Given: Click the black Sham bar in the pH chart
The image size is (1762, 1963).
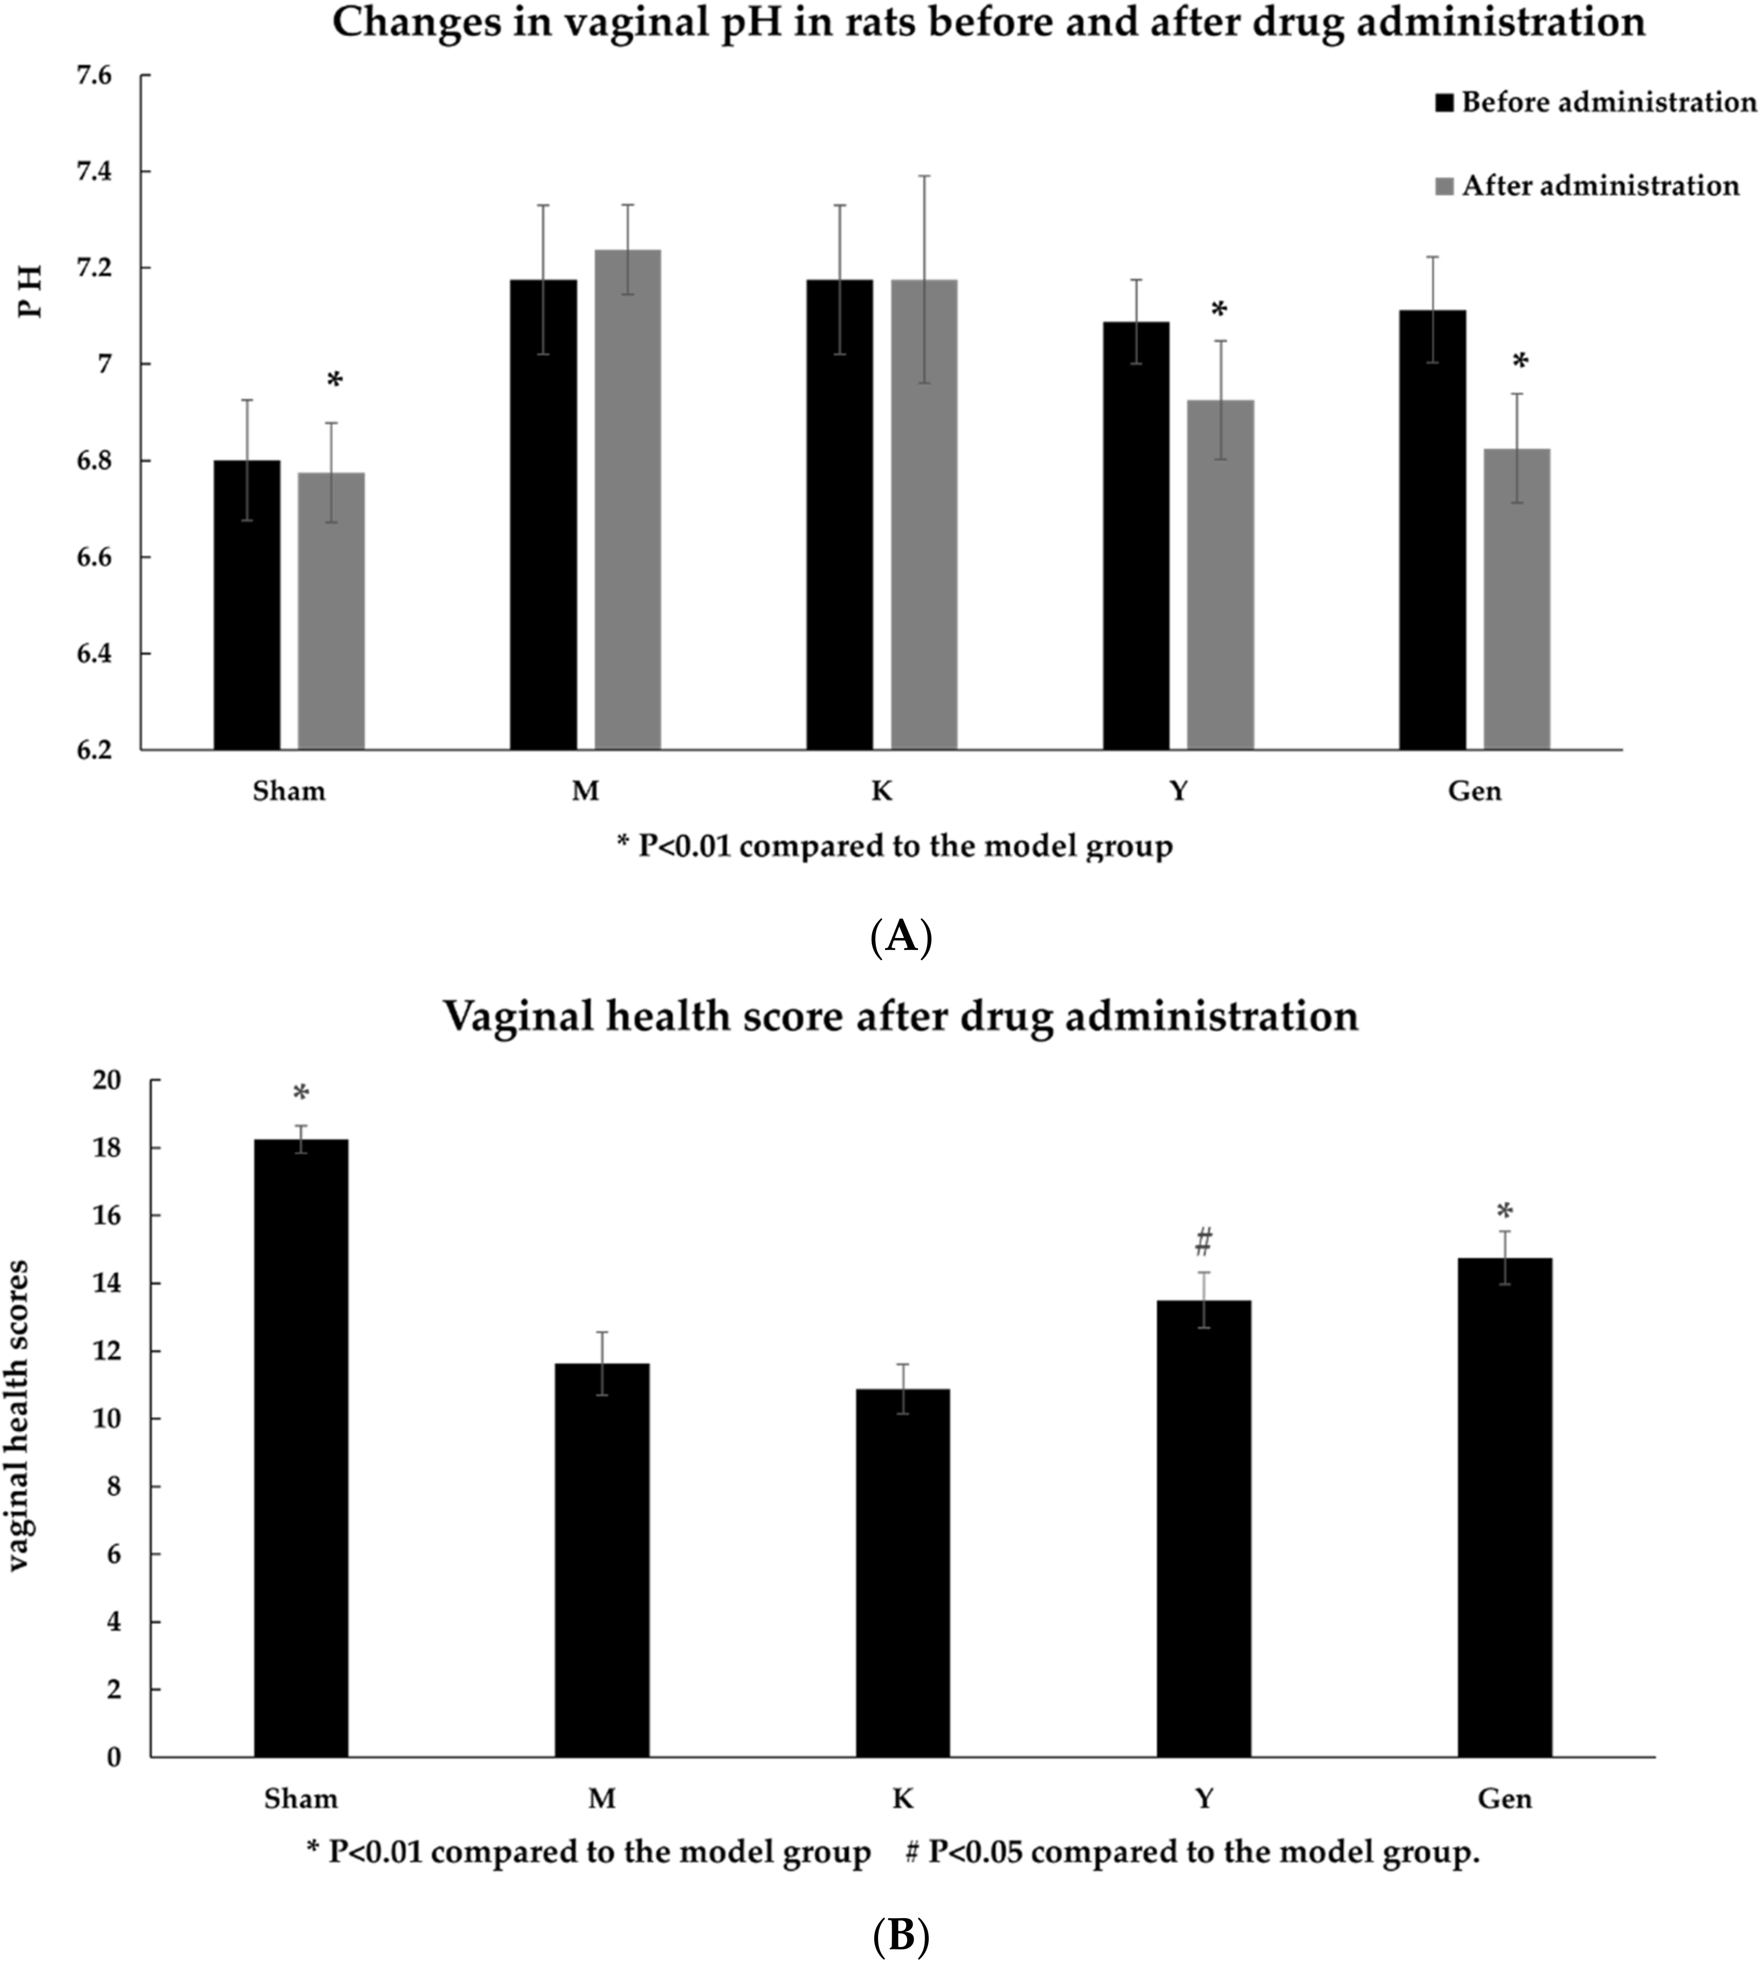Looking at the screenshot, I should (x=247, y=605).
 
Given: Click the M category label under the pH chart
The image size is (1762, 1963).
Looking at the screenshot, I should (x=585, y=792).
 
